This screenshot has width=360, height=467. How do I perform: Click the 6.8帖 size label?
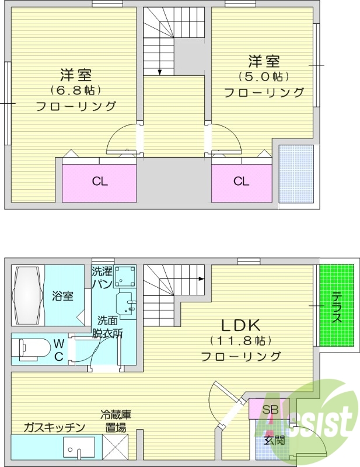(76, 90)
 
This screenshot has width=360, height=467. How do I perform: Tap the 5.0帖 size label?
(264, 76)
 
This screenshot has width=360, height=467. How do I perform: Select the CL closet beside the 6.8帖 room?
(100, 182)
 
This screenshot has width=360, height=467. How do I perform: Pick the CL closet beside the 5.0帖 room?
(242, 182)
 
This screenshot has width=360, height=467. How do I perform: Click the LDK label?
(240, 325)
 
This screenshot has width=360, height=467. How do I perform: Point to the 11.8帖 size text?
(240, 341)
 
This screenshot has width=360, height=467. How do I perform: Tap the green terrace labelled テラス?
(337, 305)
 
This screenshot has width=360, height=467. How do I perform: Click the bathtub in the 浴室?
(29, 295)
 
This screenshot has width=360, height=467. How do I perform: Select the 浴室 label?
(64, 296)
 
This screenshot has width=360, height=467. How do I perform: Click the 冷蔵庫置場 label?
(115, 421)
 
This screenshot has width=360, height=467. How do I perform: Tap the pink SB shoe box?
(269, 409)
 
